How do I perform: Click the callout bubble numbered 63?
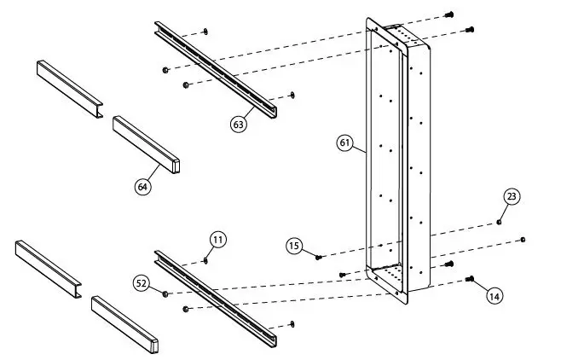tap(239, 124)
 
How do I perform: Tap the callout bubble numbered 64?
tap(143, 186)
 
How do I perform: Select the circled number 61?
tap(344, 143)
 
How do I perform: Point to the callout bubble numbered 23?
tap(511, 197)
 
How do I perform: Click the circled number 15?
tap(294, 247)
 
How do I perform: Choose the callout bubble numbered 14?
tap(494, 295)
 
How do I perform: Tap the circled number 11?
tap(218, 240)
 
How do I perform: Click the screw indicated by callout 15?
tap(319, 257)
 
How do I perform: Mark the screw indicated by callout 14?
tap(470, 278)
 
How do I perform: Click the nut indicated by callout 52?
tap(165, 293)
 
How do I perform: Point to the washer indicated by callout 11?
tap(206, 260)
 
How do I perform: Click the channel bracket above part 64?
tap(70, 88)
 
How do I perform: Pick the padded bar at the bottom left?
tap(125, 323)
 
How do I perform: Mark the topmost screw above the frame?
tap(450, 14)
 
